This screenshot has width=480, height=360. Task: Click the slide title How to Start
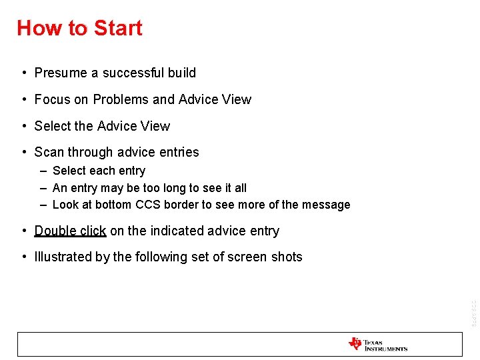click(79, 28)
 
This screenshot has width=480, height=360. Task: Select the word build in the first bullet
click(182, 73)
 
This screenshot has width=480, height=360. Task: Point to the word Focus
click(52, 99)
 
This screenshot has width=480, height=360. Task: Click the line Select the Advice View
click(102, 126)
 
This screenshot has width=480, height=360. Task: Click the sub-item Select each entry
click(99, 171)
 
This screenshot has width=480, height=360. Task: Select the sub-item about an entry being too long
click(149, 188)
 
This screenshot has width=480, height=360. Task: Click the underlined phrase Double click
click(70, 231)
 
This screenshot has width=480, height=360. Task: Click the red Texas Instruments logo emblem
click(355, 344)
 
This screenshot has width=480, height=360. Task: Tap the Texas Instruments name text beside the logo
click(385, 345)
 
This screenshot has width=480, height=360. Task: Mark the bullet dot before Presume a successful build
click(23, 73)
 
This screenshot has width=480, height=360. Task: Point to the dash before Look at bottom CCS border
click(43, 205)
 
